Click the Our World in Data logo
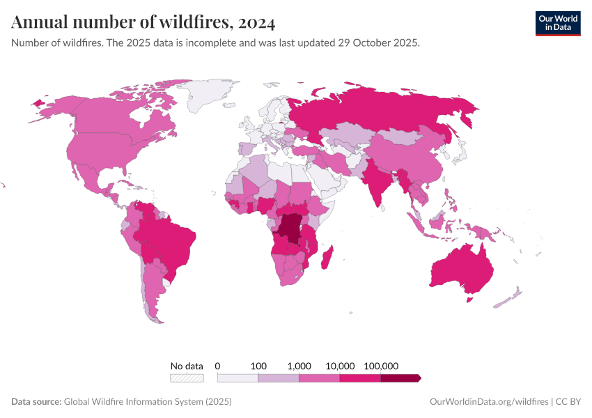(557, 23)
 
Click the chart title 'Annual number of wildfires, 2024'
(143, 23)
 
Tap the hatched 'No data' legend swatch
(187, 378)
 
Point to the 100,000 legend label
(380, 366)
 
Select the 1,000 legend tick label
(299, 366)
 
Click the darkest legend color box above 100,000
(400, 378)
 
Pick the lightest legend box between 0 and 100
(237, 378)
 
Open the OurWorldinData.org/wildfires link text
(488, 402)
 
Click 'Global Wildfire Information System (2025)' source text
(147, 402)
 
